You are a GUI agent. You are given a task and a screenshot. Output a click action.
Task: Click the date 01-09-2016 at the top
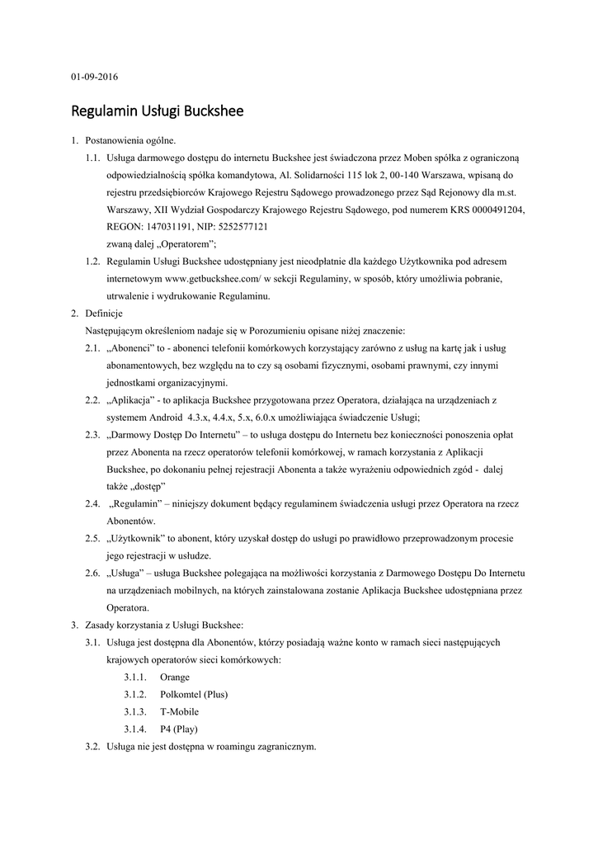pyautogui.click(x=94, y=77)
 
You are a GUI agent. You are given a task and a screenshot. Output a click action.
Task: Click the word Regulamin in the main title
pyautogui.click(x=104, y=111)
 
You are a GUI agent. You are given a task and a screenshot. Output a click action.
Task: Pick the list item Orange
pyautogui.click(x=175, y=677)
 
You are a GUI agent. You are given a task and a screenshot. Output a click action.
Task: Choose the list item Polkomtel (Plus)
pyautogui.click(x=194, y=694)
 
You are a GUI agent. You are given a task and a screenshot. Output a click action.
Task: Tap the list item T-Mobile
pyautogui.click(x=179, y=711)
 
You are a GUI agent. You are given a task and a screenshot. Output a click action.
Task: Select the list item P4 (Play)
pyautogui.click(x=179, y=729)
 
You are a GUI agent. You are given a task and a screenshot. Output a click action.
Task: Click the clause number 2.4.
pyautogui.click(x=92, y=503)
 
